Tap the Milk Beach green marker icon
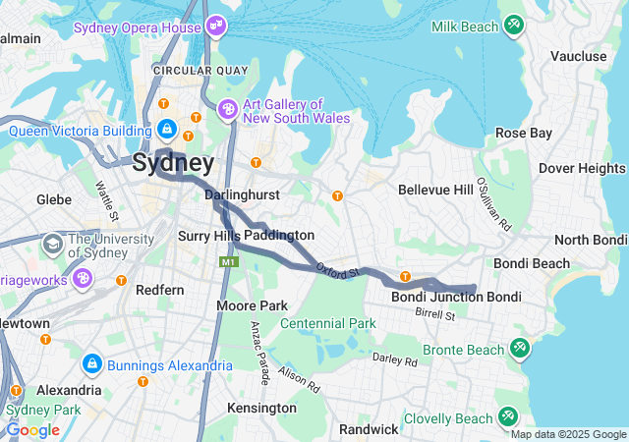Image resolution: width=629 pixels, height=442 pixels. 513,25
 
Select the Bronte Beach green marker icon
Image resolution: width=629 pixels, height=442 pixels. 519,348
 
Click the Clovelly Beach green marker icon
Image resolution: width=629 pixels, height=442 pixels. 508,417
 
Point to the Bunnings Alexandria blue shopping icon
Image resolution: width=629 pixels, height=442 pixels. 91,364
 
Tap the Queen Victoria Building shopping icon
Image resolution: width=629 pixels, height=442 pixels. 168,130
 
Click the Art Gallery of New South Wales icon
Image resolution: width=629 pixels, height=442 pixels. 228,109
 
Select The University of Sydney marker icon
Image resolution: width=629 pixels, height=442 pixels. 51,242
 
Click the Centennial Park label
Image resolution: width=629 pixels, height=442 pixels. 328,323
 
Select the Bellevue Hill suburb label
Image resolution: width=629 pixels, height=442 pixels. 436,189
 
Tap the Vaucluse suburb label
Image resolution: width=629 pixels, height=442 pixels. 579,56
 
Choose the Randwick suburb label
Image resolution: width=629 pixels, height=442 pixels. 369,429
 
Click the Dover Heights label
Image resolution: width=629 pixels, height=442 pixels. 582,168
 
